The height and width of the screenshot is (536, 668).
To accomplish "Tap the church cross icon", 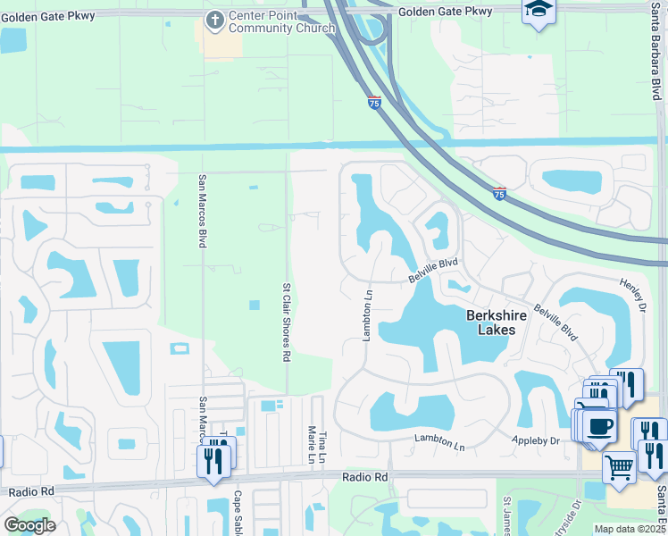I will (214, 21).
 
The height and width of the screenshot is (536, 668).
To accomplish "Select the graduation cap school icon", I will (539, 11).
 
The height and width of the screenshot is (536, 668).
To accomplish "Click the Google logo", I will (29, 525).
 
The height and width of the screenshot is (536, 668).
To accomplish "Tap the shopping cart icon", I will (618, 465).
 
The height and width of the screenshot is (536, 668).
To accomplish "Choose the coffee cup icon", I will (600, 426).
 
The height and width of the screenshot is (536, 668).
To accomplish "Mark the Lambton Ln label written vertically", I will (365, 314).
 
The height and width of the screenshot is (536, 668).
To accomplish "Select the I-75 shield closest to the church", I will (374, 103).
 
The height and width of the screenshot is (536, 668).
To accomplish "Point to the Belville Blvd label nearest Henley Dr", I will (555, 322).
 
